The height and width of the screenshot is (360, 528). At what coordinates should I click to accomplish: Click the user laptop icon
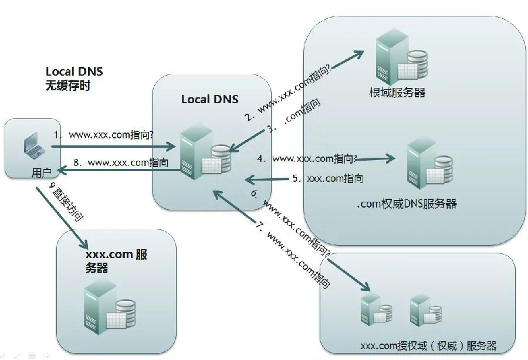(35, 145)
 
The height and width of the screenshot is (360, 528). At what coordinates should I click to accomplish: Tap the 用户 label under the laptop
(41, 173)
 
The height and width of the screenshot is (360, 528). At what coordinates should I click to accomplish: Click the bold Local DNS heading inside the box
(209, 99)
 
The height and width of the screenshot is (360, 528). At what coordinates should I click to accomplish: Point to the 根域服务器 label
(397, 92)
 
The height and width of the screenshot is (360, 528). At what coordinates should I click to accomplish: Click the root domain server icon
(401, 57)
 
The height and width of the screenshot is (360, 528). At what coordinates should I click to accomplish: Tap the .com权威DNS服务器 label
(407, 203)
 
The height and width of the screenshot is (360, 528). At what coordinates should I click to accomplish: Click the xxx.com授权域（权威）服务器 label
(428, 345)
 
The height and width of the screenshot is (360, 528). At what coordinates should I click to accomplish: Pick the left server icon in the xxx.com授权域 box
(375, 310)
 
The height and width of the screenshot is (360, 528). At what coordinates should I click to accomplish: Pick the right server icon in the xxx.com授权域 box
(425, 310)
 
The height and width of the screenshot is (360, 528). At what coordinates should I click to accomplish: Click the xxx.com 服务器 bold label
(116, 261)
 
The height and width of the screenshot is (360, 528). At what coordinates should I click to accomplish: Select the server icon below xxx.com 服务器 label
(109, 307)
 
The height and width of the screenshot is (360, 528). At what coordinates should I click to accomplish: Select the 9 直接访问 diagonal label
(66, 202)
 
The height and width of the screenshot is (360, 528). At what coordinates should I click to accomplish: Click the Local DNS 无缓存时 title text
(74, 79)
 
